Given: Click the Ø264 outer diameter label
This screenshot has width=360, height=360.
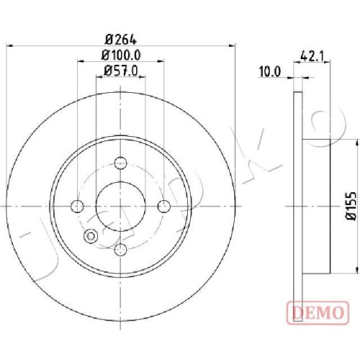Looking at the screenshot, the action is (121, 40).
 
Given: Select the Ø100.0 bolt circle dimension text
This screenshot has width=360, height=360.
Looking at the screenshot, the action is (121, 55).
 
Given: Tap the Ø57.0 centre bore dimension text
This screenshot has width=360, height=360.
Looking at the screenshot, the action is (121, 71).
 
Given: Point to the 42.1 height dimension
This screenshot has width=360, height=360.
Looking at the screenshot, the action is (312, 57).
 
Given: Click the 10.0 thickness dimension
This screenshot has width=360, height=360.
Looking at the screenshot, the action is (269, 72).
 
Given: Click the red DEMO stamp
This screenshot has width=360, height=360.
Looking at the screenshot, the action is (318, 312).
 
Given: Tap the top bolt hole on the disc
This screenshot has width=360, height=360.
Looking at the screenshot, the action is (120, 163).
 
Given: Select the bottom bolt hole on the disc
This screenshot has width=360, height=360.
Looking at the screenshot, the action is (120, 250).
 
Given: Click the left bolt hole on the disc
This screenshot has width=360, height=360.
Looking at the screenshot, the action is (77, 207).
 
